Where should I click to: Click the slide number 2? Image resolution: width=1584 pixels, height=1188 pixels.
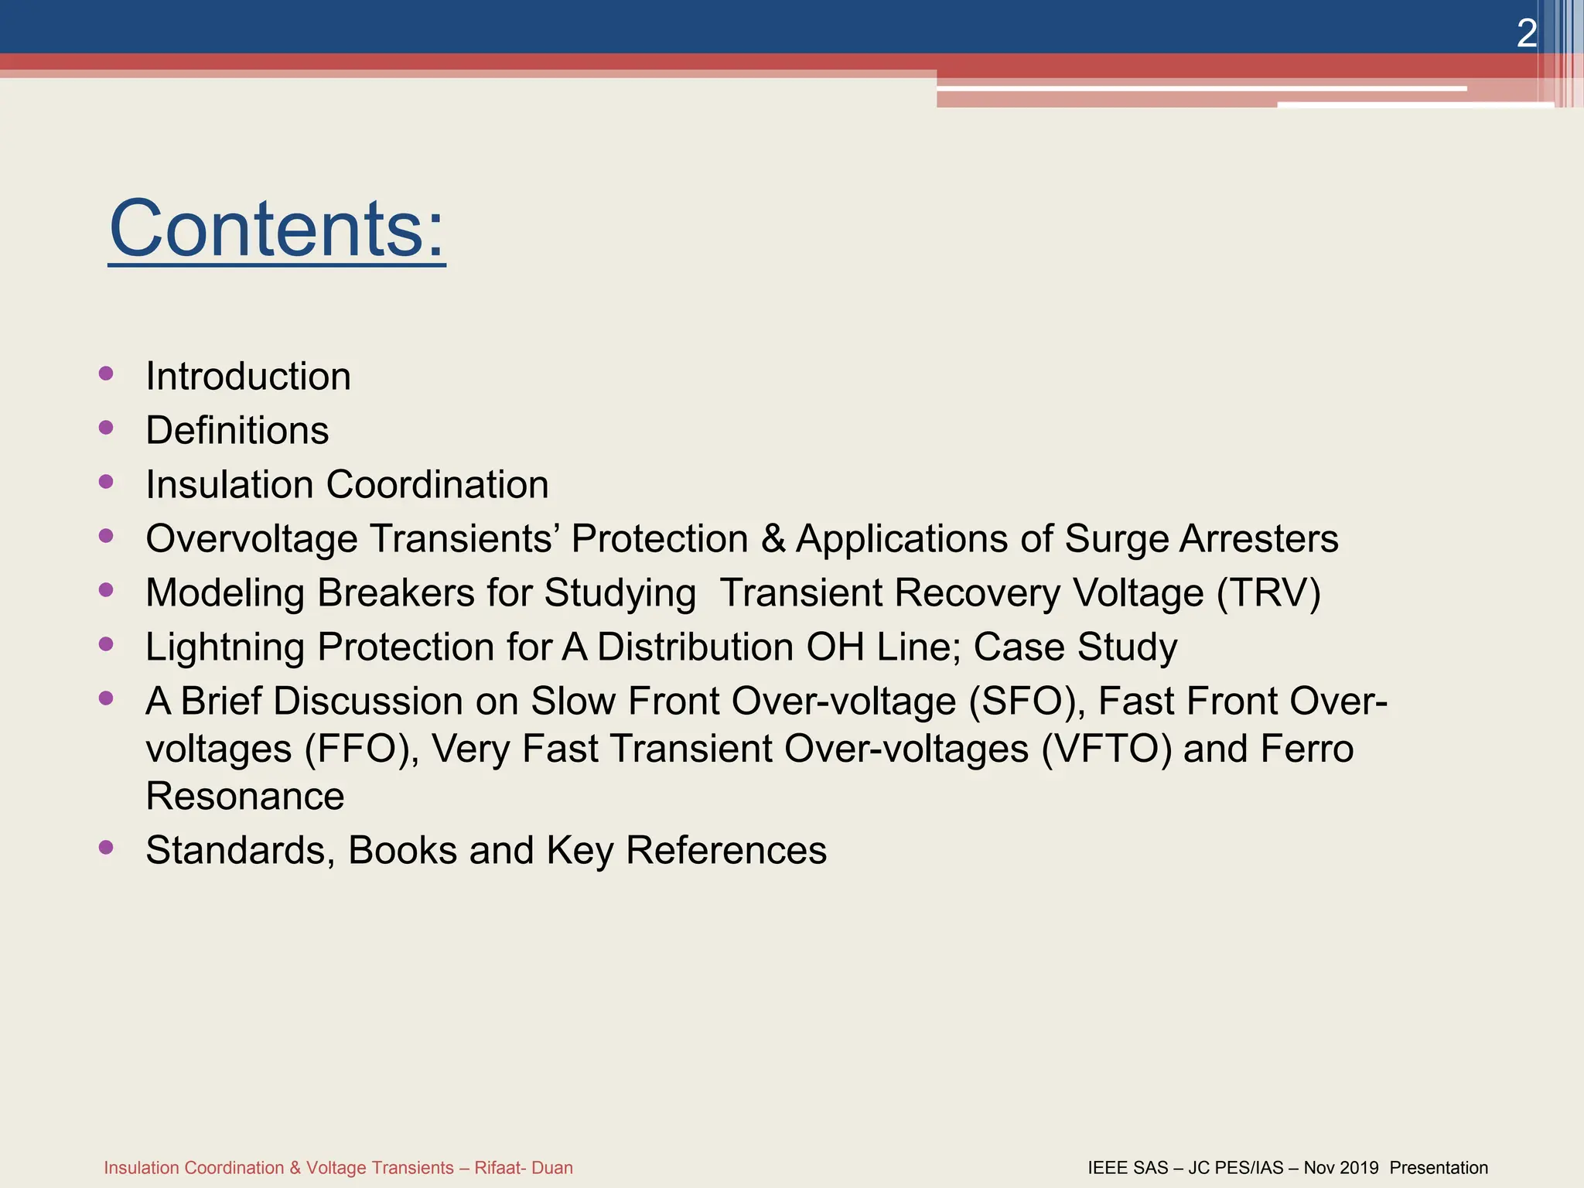click(x=1526, y=34)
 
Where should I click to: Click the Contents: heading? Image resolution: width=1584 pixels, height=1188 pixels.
click(x=277, y=229)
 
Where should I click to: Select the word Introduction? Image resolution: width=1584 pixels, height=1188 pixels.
click(x=248, y=377)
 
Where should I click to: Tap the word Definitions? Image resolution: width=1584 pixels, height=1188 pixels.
click(x=237, y=431)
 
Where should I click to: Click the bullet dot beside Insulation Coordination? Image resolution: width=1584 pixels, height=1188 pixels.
click(x=107, y=482)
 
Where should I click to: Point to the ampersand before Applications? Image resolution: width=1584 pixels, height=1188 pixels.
click(x=773, y=539)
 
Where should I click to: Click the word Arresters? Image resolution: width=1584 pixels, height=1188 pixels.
click(x=1258, y=539)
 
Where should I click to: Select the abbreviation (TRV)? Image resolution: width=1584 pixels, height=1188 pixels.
click(x=1268, y=593)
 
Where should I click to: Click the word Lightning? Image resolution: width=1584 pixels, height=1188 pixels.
click(x=224, y=647)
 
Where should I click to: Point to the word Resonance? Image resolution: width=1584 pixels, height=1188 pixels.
click(x=245, y=797)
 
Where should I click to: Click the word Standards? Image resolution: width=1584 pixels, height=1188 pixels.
click(x=241, y=851)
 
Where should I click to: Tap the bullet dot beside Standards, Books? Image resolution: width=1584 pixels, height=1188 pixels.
click(x=107, y=847)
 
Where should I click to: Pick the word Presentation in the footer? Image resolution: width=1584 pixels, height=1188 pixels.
click(x=1439, y=1168)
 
